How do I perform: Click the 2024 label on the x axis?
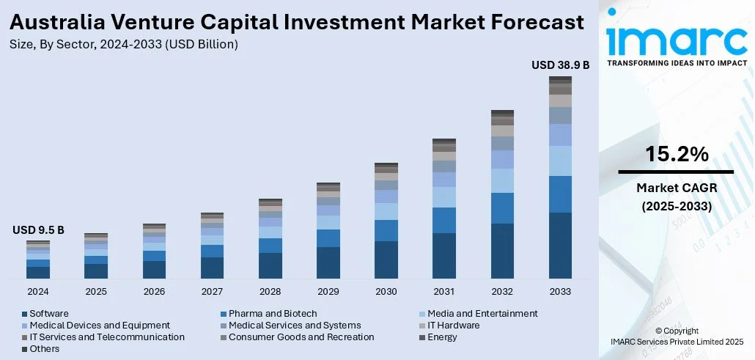[x=38, y=291]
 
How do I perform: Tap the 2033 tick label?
[x=560, y=291]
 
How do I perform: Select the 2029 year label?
[x=328, y=291]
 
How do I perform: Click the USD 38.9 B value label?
[x=560, y=65]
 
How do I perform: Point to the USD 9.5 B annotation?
[x=38, y=230]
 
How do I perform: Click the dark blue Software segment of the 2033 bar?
[x=560, y=246]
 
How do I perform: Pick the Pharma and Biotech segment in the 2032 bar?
[x=502, y=208]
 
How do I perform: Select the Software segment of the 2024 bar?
[x=38, y=272]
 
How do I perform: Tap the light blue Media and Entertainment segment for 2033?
[x=560, y=161]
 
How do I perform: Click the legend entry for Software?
[x=49, y=314]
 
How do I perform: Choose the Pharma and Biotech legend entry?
[x=272, y=314]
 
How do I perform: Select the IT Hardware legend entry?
[x=453, y=326]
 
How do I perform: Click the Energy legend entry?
[x=442, y=337]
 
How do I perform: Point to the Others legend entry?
[x=45, y=349]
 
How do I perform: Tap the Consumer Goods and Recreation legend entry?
[x=301, y=337]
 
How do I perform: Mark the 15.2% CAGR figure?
[x=676, y=155]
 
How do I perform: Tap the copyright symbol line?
[x=677, y=331]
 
